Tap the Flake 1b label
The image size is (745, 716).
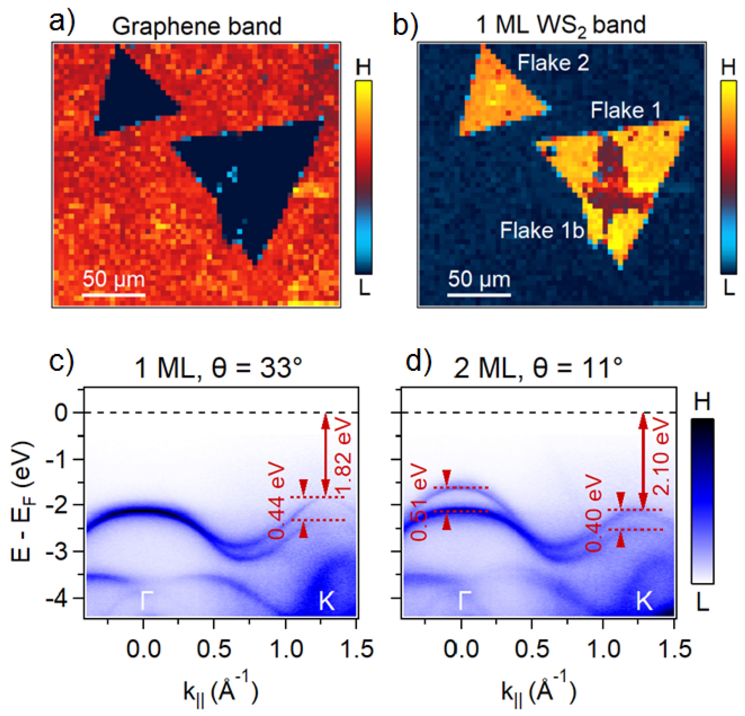click(x=542, y=230)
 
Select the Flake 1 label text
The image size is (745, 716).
click(x=625, y=111)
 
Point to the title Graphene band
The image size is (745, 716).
click(x=196, y=27)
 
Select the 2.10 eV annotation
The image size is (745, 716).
click(x=661, y=456)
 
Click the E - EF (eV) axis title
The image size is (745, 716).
click(x=22, y=502)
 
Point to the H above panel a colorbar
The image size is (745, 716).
click(x=363, y=68)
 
